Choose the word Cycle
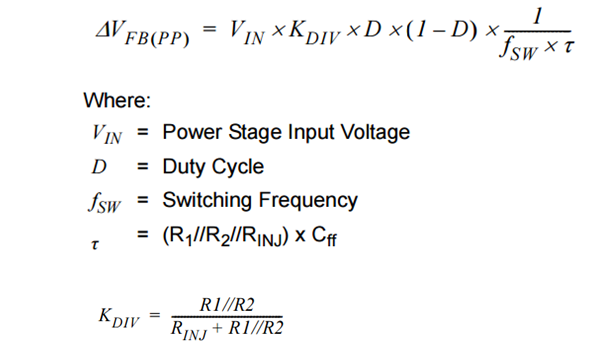point(238,166)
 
